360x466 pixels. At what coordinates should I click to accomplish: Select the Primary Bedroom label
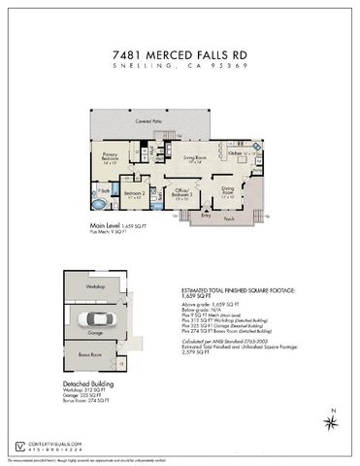[x=111, y=155]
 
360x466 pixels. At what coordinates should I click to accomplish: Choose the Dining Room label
[x=228, y=189]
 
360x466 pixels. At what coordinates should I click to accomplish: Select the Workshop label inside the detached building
[x=94, y=287]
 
